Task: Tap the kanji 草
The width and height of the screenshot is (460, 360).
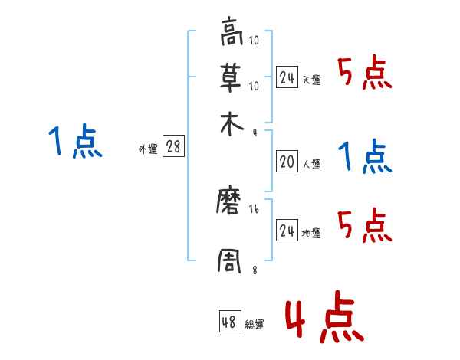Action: coord(231,77)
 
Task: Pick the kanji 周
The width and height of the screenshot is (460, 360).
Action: coord(231,260)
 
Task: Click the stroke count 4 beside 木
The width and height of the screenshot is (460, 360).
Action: coord(255,133)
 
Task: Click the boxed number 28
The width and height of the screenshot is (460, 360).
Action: coord(173,147)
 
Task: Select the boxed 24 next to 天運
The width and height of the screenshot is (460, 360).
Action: coord(287,77)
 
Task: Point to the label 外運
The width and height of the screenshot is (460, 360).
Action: coord(148,150)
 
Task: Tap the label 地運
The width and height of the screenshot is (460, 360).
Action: coord(311,234)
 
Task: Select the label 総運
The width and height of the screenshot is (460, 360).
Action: coord(255,325)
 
